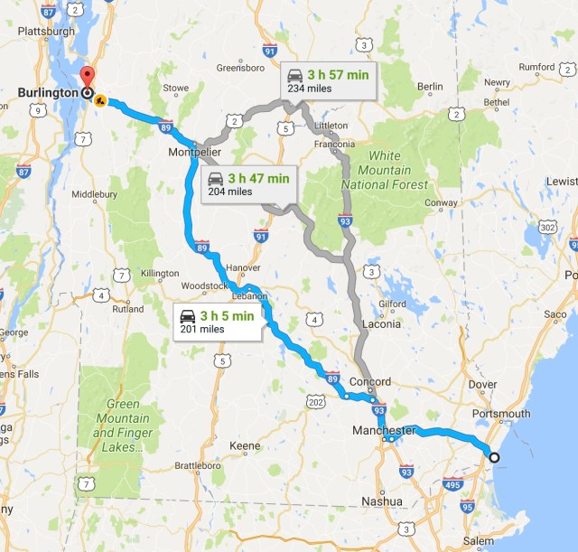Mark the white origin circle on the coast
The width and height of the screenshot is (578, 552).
[493, 457]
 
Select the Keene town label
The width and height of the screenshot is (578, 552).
[245, 446]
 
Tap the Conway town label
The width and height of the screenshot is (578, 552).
[442, 202]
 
